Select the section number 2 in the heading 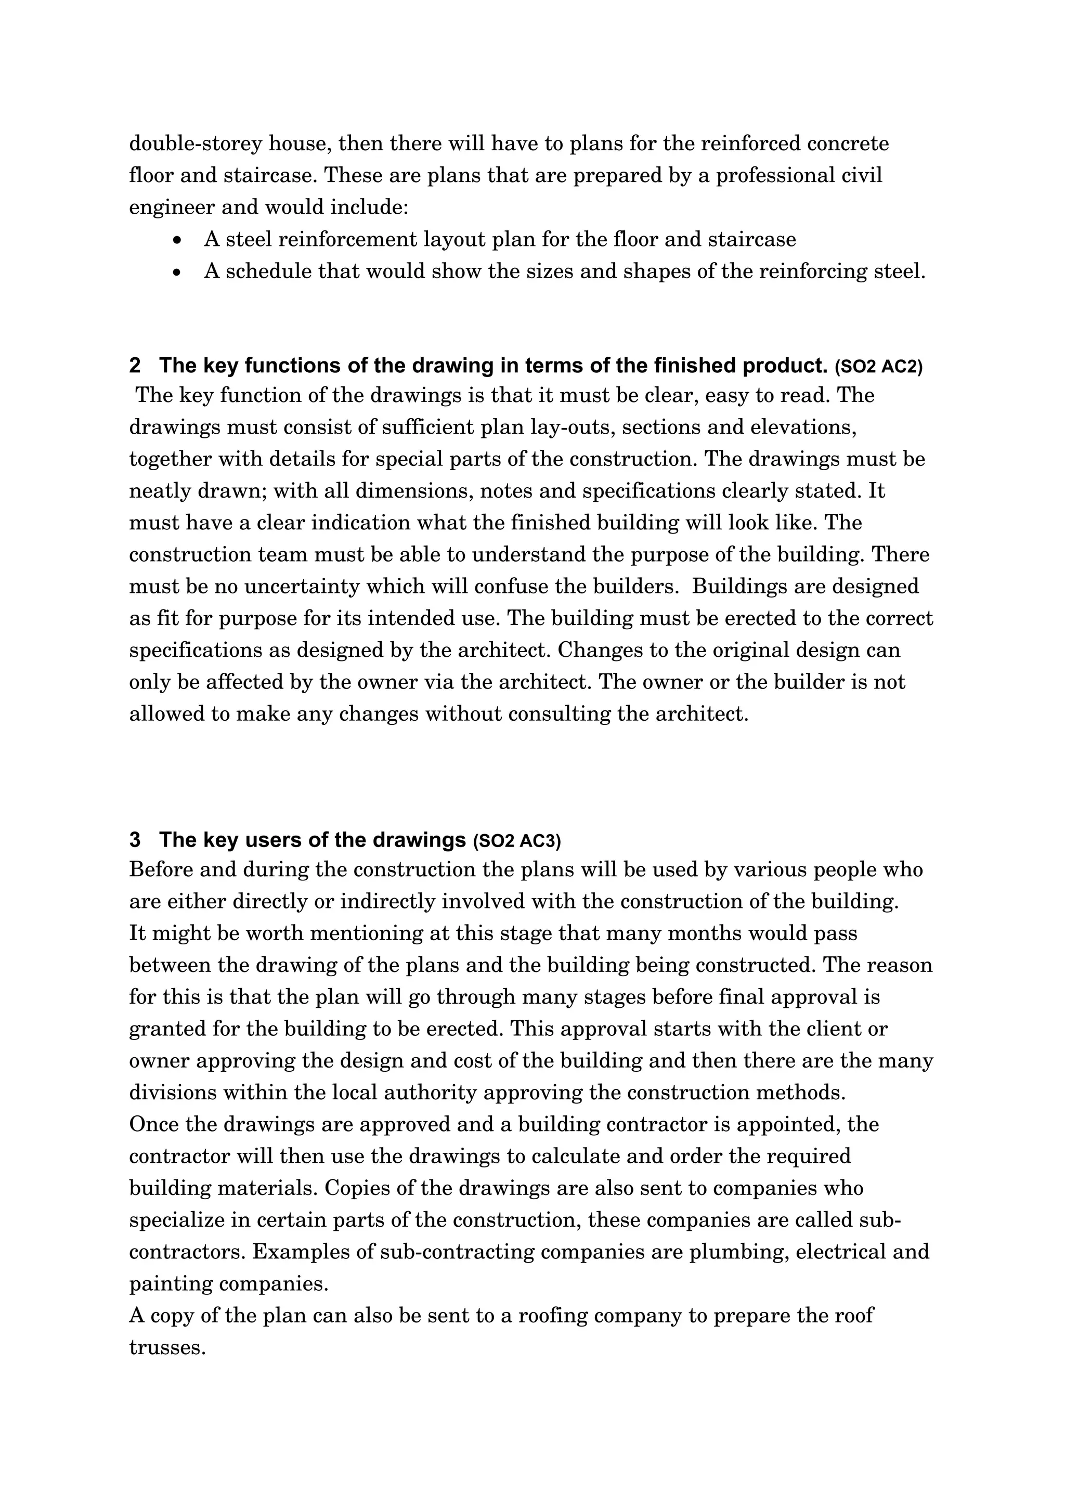[x=135, y=366]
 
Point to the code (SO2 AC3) [x=516, y=841]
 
